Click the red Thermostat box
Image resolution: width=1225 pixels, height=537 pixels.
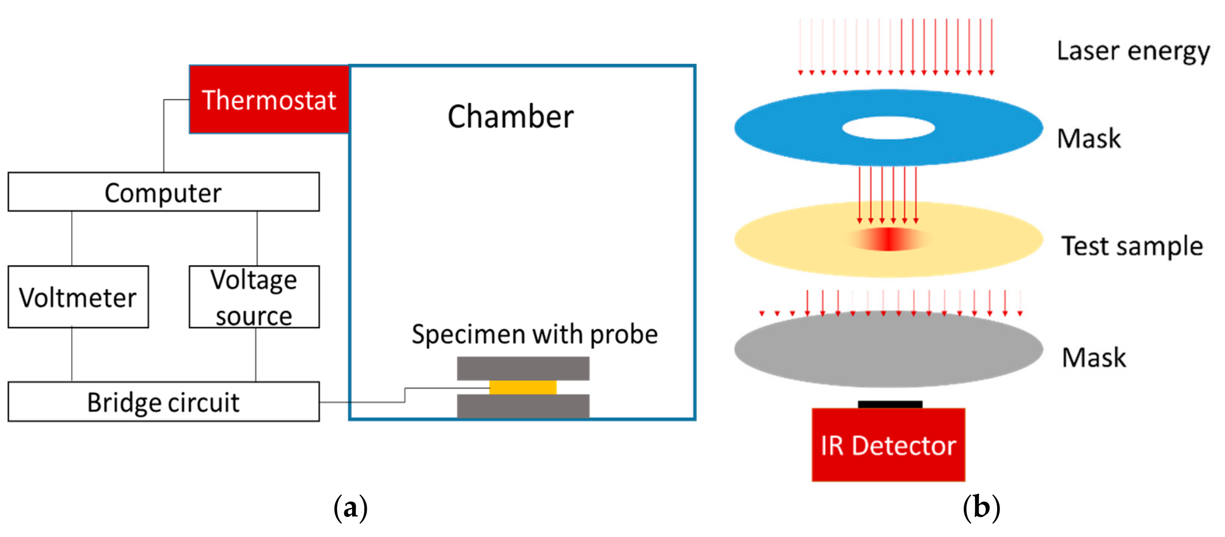pyautogui.click(x=269, y=99)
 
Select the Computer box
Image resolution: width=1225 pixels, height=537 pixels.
pyautogui.click(x=163, y=192)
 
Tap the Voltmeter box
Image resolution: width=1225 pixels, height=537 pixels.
pyautogui.click(x=78, y=297)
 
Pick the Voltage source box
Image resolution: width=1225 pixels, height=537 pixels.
pyautogui.click(x=254, y=297)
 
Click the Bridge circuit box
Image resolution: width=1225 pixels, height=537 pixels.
pyautogui.click(x=163, y=402)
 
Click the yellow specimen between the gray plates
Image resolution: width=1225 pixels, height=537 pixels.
pyautogui.click(x=523, y=387)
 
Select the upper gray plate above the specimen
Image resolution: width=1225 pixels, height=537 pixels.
pyautogui.click(x=523, y=368)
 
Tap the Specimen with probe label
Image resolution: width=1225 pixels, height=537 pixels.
pyautogui.click(x=534, y=335)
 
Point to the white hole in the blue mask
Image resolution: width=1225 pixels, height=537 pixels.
pyautogui.click(x=888, y=128)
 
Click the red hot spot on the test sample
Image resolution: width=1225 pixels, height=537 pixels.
pyautogui.click(x=888, y=240)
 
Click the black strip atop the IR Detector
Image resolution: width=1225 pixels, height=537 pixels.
pyautogui.click(x=890, y=404)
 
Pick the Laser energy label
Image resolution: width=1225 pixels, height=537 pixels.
pyautogui.click(x=1133, y=51)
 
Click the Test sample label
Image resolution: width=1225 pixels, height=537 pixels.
pyautogui.click(x=1132, y=246)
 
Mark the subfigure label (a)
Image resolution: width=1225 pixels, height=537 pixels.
pyautogui.click(x=350, y=509)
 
